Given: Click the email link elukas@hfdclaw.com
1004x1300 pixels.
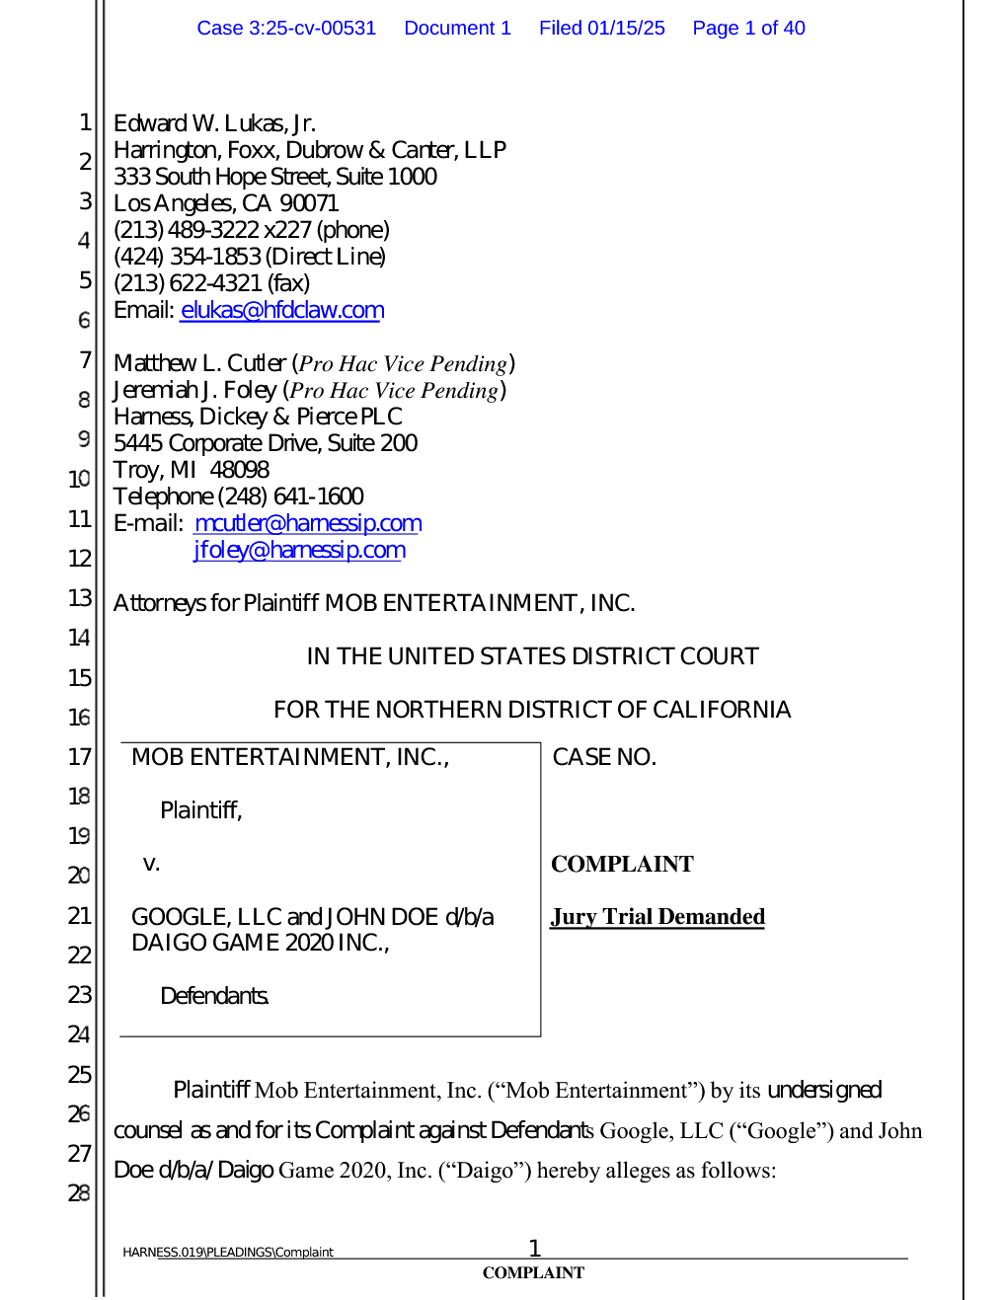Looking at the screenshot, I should coord(282,310).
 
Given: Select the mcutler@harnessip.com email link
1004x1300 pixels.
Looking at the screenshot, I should coord(308,523).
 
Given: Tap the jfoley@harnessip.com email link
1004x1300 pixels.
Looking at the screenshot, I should coord(299,550).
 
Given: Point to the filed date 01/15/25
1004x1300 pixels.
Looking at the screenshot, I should coord(626,28).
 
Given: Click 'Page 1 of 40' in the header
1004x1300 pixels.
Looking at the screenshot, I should coord(748,28).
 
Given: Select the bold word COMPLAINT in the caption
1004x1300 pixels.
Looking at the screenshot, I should coord(622,864).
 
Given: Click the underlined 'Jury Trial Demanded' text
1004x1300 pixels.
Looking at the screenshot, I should coord(657,917).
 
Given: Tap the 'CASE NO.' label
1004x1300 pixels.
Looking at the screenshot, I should coord(604,757).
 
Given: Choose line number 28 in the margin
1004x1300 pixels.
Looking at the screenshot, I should coord(79,1193).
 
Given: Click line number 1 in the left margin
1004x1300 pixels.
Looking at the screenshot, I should coord(85,122).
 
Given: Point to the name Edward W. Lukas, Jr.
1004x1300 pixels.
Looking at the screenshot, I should coord(214,123).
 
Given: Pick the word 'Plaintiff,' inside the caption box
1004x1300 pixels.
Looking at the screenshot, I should coord(201,810).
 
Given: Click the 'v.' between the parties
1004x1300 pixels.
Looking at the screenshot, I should coord(151,864).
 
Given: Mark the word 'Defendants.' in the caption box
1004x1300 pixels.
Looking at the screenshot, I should coord(214,996).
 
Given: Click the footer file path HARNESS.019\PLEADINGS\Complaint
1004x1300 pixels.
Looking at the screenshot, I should coord(228,1252).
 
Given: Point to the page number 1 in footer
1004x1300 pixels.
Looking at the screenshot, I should coord(534,1248).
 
